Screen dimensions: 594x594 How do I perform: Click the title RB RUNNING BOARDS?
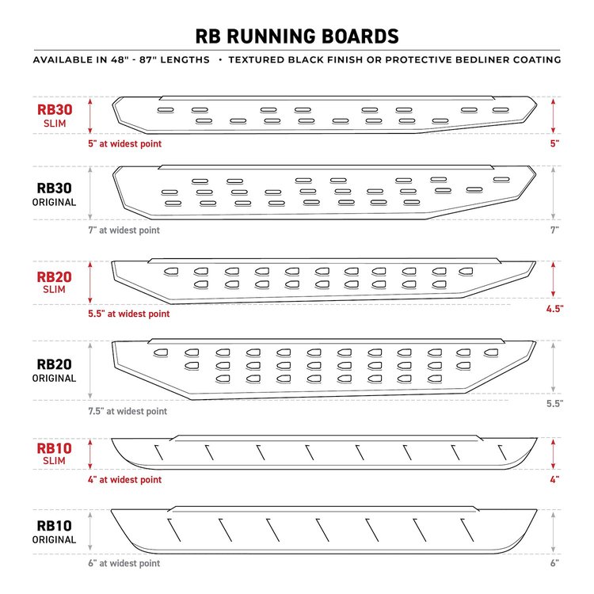(x=297, y=36)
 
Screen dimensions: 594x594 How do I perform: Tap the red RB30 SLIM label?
(x=55, y=116)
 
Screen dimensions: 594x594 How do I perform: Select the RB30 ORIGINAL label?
(x=54, y=194)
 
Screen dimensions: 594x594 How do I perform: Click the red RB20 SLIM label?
(x=54, y=282)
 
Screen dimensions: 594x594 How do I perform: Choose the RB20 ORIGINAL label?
(x=54, y=370)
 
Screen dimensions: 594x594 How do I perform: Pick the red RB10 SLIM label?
(x=54, y=454)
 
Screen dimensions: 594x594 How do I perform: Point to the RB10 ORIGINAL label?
(x=54, y=532)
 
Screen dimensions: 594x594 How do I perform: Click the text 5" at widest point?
(x=124, y=143)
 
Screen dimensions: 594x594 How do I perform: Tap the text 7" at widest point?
(x=124, y=230)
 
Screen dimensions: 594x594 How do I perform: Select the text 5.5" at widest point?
(x=129, y=314)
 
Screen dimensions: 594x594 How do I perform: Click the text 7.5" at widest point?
(x=128, y=411)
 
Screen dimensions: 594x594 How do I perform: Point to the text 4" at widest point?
(x=124, y=480)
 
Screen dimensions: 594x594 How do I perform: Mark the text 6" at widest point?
(x=124, y=563)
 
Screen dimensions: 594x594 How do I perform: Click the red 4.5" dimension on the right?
(x=554, y=309)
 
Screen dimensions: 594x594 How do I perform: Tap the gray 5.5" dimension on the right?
(x=554, y=403)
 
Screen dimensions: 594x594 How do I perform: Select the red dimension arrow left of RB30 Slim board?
(x=90, y=116)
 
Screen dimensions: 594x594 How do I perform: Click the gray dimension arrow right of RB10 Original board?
(x=553, y=532)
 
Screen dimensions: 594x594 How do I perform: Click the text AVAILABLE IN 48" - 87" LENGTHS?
(x=121, y=60)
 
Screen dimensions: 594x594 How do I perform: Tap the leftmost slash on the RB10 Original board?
(x=174, y=530)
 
